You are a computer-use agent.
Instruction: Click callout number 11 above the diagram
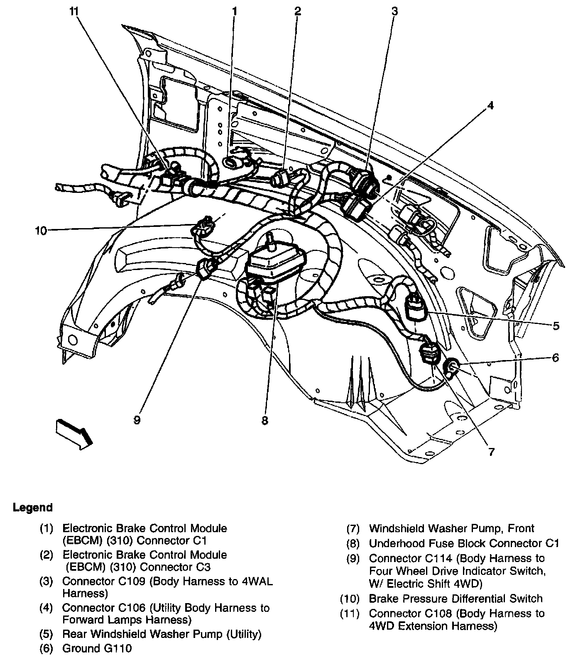point(74,12)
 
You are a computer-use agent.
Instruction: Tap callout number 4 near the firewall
point(490,105)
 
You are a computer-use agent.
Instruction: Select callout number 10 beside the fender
point(42,231)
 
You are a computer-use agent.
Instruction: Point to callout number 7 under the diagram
point(491,452)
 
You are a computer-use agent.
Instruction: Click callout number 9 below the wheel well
point(137,420)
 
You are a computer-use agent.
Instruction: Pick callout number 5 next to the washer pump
point(556,326)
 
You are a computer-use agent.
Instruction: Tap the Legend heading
point(33,507)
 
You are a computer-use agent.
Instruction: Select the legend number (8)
point(353,543)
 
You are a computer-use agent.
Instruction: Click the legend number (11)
point(350,613)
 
